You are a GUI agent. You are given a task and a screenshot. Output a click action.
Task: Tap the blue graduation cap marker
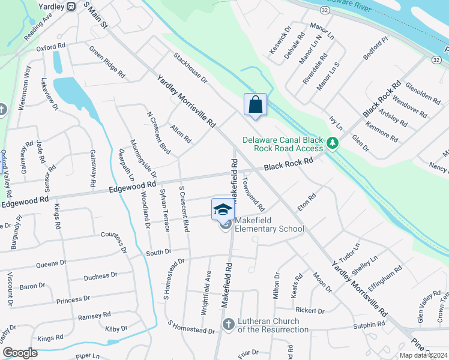pyautogui.click(x=223, y=209)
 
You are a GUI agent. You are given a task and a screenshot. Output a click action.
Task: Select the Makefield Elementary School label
pyautogui.click(x=270, y=225)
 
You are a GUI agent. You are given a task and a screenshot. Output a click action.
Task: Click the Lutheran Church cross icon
pyautogui.click(x=228, y=325)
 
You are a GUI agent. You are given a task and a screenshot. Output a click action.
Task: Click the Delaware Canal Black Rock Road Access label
pyautogui.click(x=283, y=144)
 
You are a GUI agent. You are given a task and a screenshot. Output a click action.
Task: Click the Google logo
pyautogui.click(x=20, y=353)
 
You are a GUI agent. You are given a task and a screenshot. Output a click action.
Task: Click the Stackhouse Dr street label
pyautogui.click(x=190, y=67)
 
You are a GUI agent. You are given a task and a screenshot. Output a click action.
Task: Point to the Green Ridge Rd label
pyautogui.click(x=107, y=62)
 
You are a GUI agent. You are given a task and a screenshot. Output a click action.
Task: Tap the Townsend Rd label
pyautogui.click(x=254, y=193)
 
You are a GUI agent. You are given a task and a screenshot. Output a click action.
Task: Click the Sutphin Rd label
pyautogui.click(x=369, y=325)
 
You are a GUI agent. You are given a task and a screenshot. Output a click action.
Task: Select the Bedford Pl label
pyautogui.click(x=376, y=49)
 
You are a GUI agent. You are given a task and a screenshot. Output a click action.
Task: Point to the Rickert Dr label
pyautogui.click(x=310, y=311)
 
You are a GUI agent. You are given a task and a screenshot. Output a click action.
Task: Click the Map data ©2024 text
pyautogui.click(x=423, y=355)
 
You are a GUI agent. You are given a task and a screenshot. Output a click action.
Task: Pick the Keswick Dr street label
pyautogui.click(x=280, y=40)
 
